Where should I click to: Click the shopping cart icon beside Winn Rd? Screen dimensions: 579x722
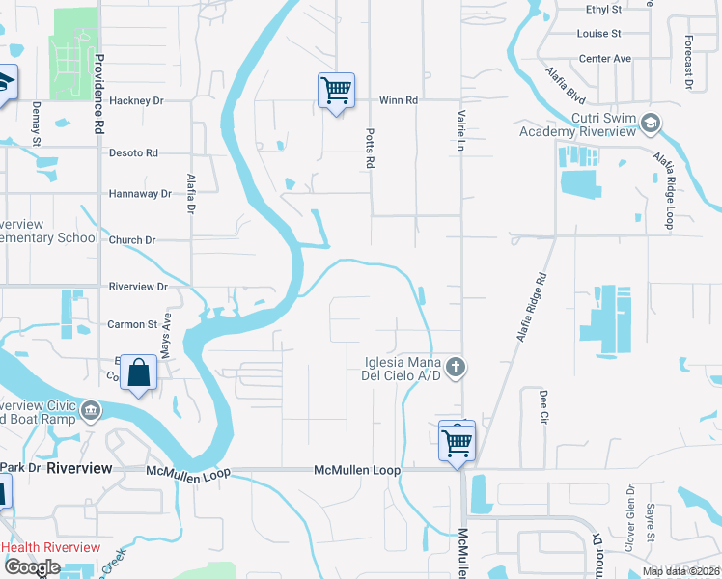point(336,92)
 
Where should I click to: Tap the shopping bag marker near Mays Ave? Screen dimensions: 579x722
point(139,372)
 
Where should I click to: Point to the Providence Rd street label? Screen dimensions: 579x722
point(98,93)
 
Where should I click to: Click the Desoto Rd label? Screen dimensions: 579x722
point(133,153)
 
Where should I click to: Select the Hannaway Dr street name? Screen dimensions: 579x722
point(140,194)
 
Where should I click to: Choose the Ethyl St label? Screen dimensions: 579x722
point(603,9)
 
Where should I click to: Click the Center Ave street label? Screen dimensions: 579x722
point(604,59)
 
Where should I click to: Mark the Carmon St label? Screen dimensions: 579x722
point(132,325)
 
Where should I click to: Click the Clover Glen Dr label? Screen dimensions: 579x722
point(629,527)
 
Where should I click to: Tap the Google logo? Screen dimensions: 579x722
point(33,567)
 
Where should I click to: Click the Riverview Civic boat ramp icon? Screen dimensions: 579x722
point(91,411)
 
